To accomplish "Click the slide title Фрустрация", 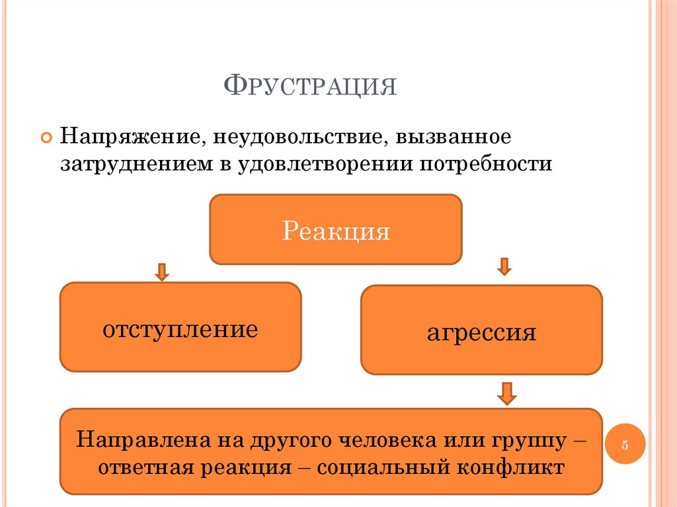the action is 311,86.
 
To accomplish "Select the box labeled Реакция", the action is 336,229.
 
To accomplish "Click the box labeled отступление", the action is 180,327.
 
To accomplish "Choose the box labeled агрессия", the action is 481,331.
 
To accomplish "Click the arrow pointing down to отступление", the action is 162,272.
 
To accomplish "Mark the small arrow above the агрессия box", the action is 504,266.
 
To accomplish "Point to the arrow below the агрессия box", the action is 507,393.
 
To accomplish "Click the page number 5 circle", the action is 624,444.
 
